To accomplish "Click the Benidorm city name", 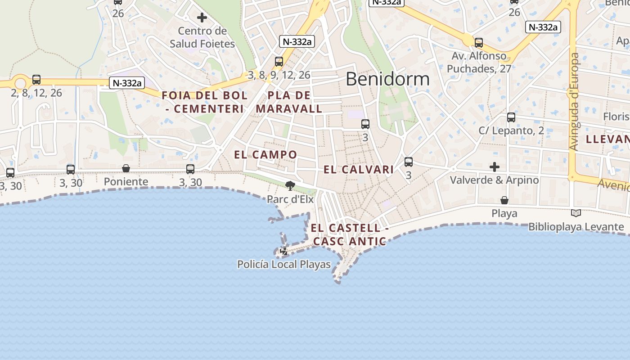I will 387,79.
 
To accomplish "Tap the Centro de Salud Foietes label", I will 202,37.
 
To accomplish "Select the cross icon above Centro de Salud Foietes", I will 202,18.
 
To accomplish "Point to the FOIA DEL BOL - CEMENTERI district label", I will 205,102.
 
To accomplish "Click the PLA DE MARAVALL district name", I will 289,102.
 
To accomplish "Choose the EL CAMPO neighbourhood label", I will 265,155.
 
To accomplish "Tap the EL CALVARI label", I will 359,170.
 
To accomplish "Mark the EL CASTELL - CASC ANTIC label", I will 350,234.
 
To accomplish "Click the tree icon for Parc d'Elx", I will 290,185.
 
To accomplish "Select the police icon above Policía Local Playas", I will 284,251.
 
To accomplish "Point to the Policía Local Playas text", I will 284,265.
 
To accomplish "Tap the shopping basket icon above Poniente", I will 126,168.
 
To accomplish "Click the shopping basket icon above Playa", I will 504,200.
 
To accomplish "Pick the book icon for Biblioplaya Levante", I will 576,213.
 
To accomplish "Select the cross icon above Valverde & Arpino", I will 495,167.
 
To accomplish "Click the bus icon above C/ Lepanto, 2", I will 511,117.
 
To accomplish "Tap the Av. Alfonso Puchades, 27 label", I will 479,63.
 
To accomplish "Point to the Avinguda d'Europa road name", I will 574,102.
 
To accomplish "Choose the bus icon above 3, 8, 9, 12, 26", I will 279,62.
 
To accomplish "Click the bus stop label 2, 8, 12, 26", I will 36,93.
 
